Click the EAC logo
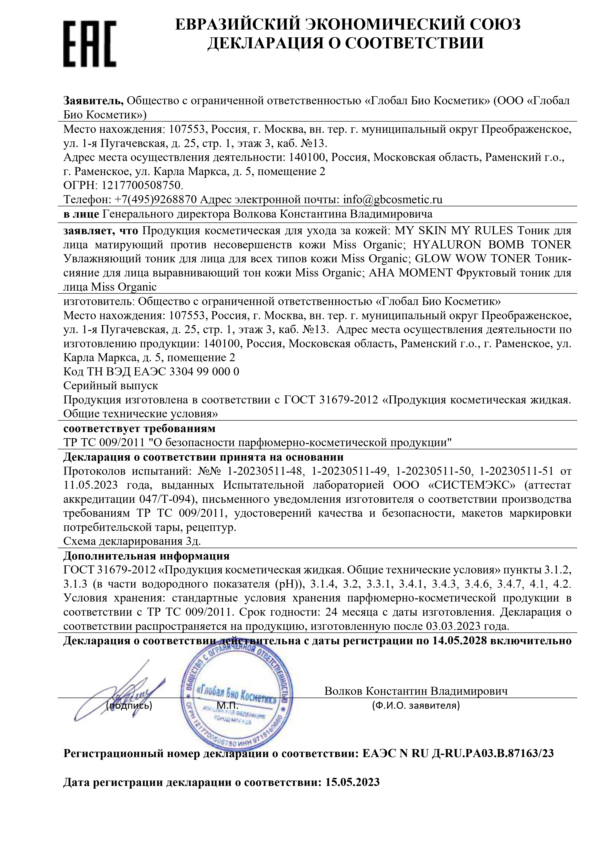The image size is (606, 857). click(x=90, y=44)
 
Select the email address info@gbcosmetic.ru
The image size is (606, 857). click(x=393, y=200)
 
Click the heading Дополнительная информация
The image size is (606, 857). click(x=146, y=556)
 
